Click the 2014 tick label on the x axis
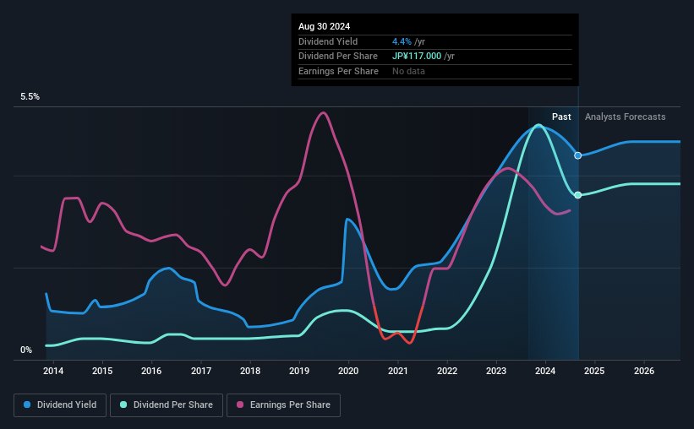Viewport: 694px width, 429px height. pyautogui.click(x=53, y=371)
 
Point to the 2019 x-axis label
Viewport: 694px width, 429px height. pyautogui.click(x=299, y=371)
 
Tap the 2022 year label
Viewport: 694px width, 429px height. pyautogui.click(x=447, y=371)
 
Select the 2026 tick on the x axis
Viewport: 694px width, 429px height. pyautogui.click(x=644, y=371)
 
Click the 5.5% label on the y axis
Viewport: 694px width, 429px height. pyautogui.click(x=30, y=97)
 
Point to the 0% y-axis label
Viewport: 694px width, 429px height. pyautogui.click(x=26, y=350)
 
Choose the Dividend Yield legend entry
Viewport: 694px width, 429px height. pyautogui.click(x=61, y=405)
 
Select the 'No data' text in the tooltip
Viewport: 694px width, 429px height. pyautogui.click(x=409, y=71)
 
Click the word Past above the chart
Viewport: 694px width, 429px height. pyautogui.click(x=561, y=117)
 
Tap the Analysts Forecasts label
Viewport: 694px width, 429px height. pyautogui.click(x=625, y=117)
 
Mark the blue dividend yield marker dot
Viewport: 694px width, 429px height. pyautogui.click(x=578, y=155)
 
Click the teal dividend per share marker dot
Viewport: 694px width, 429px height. pyautogui.click(x=578, y=195)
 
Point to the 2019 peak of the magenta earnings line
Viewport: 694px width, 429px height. pyautogui.click(x=323, y=112)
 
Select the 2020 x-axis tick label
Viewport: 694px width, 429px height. pyautogui.click(x=348, y=371)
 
